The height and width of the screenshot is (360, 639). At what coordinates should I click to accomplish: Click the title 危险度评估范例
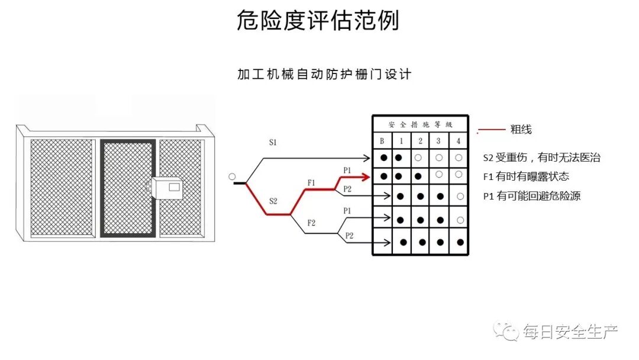[318, 21]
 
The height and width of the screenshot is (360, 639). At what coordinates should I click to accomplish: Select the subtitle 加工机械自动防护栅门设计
[324, 75]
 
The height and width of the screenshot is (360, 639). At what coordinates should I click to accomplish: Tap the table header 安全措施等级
[420, 124]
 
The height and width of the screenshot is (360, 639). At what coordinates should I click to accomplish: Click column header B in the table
[382, 141]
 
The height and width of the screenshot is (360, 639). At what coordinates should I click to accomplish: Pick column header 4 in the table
[459, 141]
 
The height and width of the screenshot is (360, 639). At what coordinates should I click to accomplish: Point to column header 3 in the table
[438, 141]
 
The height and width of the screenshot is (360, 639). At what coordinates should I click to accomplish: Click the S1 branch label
[273, 143]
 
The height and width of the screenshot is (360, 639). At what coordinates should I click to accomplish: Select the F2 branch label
[311, 223]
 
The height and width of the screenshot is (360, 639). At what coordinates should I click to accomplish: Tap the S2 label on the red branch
[273, 201]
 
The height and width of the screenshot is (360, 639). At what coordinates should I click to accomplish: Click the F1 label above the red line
[311, 182]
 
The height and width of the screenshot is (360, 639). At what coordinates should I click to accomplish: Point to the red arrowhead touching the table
[367, 176]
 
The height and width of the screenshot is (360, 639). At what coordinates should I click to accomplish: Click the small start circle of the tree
[232, 176]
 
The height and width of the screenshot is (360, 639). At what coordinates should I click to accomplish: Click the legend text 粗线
[521, 129]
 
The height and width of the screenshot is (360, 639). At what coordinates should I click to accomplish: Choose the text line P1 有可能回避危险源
[531, 196]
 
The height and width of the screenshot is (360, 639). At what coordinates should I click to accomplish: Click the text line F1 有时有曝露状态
[526, 176]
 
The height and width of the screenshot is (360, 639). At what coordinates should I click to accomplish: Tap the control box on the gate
[167, 188]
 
